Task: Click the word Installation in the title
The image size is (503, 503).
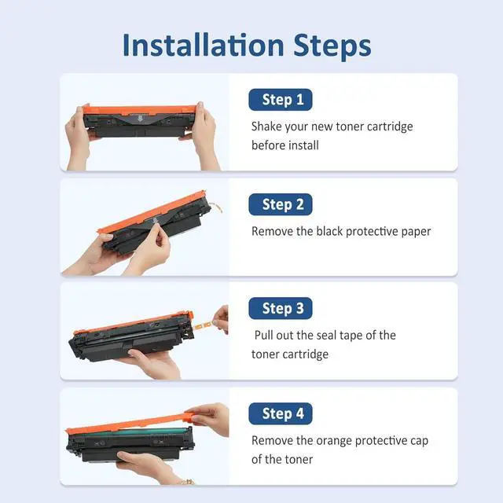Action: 203,46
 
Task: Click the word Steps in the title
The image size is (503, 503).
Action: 332,47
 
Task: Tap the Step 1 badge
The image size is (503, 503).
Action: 281,100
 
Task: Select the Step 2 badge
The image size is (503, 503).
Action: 281,204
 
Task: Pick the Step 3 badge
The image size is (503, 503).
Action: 281,308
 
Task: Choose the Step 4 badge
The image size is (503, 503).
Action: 281,413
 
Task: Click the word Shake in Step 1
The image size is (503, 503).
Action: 266,127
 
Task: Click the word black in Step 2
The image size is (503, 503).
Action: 329,231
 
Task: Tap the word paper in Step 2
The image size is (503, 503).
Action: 416,233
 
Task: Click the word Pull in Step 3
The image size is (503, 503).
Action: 264,336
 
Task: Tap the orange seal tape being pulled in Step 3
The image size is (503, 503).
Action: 203,326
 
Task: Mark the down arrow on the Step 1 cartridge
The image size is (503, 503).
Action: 140,119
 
